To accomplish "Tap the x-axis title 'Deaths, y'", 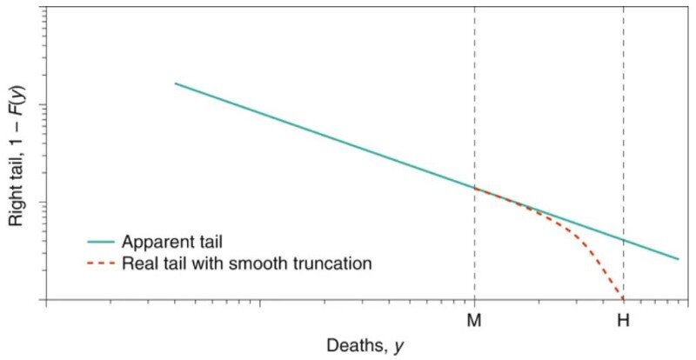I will pyautogui.click(x=365, y=345).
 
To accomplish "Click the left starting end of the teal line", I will pyautogui.click(x=176, y=83).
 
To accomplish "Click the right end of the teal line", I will pyautogui.click(x=678, y=258).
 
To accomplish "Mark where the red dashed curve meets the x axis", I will pyautogui.click(x=623, y=299).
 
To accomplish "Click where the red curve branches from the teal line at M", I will pyautogui.click(x=474, y=187).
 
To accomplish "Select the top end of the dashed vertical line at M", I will pyautogui.click(x=474, y=7).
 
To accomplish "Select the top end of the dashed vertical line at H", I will pyautogui.click(x=624, y=7).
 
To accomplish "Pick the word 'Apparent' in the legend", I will pyautogui.click(x=151, y=242).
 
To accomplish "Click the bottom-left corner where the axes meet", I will pyautogui.click(x=45, y=300).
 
